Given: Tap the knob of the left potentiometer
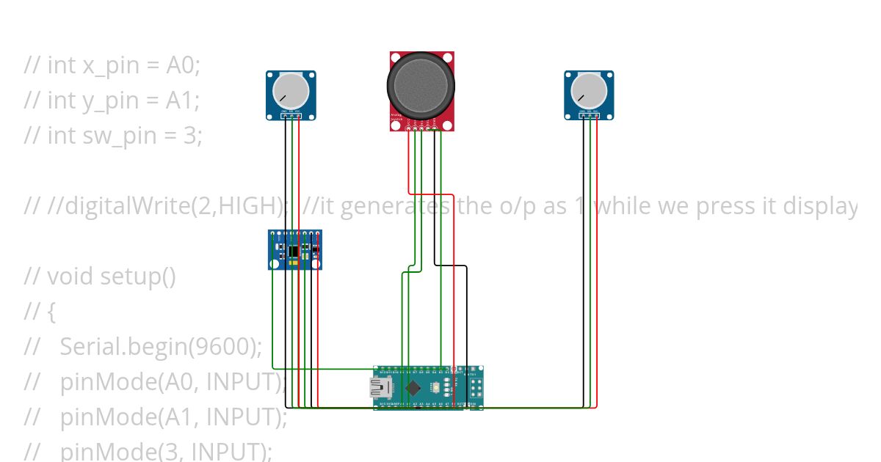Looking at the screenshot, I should tap(291, 90).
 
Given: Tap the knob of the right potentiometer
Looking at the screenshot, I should tap(589, 90).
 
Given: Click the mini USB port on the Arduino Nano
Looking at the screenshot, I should tap(380, 388).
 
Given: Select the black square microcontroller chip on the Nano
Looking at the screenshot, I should tap(414, 387).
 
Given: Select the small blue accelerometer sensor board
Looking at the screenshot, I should tap(295, 250).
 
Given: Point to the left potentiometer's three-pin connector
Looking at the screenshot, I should tap(291, 115).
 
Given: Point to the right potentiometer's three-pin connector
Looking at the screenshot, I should tap(590, 115).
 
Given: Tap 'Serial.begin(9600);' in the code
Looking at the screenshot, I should tap(161, 347).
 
